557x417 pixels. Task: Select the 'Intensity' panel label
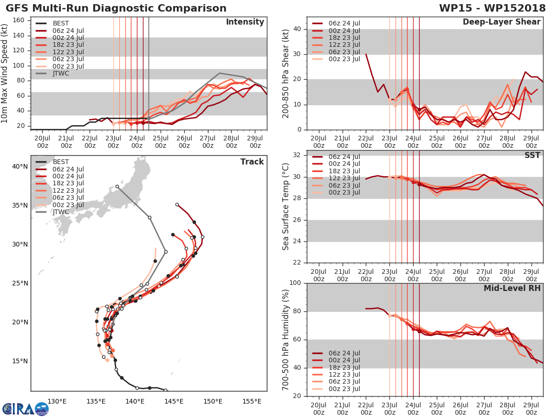pyautogui.click(x=245, y=22)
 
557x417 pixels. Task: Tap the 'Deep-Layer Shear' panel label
pyautogui.click(x=501, y=22)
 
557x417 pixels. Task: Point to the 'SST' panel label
pyautogui.click(x=532, y=155)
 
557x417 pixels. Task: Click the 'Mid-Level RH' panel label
pyautogui.click(x=512, y=288)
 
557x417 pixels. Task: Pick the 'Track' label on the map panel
pyautogui.click(x=252, y=162)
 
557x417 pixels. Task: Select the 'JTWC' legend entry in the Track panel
pyautogui.click(x=61, y=212)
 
